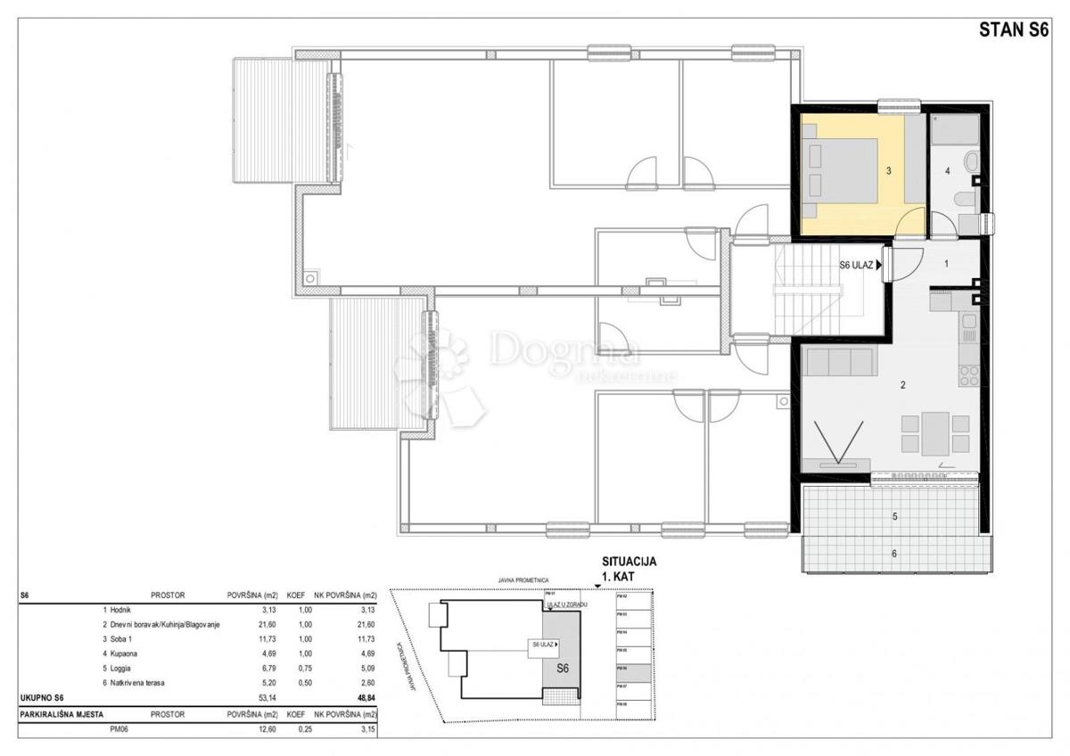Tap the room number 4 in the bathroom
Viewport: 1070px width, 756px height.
(x=947, y=170)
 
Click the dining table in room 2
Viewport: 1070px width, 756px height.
(x=935, y=432)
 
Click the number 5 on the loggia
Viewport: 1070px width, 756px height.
(x=894, y=516)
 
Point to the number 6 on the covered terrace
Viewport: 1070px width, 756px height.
(x=894, y=554)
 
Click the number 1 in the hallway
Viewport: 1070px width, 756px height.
(x=947, y=264)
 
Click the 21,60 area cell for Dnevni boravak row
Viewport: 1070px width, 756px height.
(x=243, y=625)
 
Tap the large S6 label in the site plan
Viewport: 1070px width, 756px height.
(x=563, y=667)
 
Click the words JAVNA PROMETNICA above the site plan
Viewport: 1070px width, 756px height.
(x=523, y=579)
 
